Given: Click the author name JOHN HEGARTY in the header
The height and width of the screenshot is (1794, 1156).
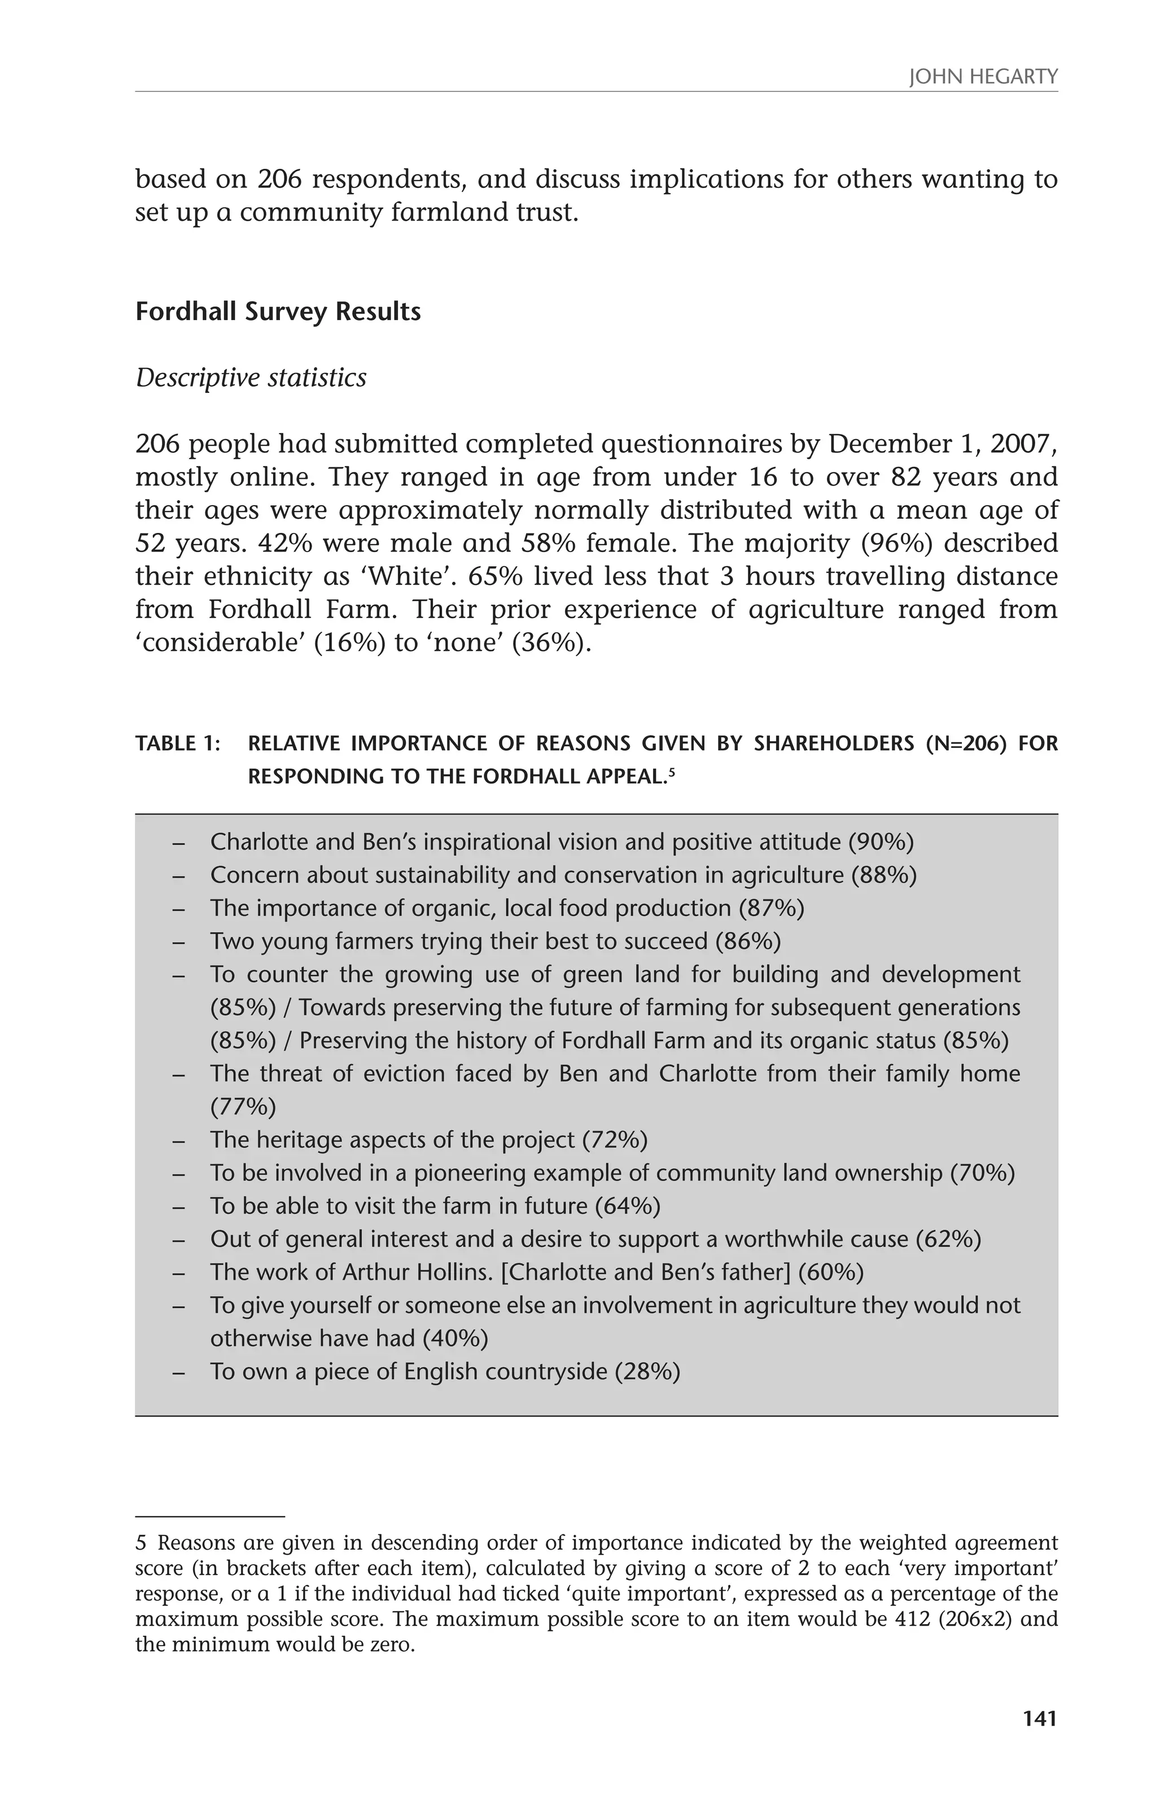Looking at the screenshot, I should pos(983,77).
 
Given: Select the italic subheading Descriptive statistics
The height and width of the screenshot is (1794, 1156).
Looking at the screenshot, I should pos(251,378).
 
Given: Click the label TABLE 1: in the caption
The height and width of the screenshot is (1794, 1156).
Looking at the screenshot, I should pos(178,744).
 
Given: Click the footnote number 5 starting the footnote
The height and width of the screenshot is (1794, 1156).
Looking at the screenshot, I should pos(141,1544).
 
